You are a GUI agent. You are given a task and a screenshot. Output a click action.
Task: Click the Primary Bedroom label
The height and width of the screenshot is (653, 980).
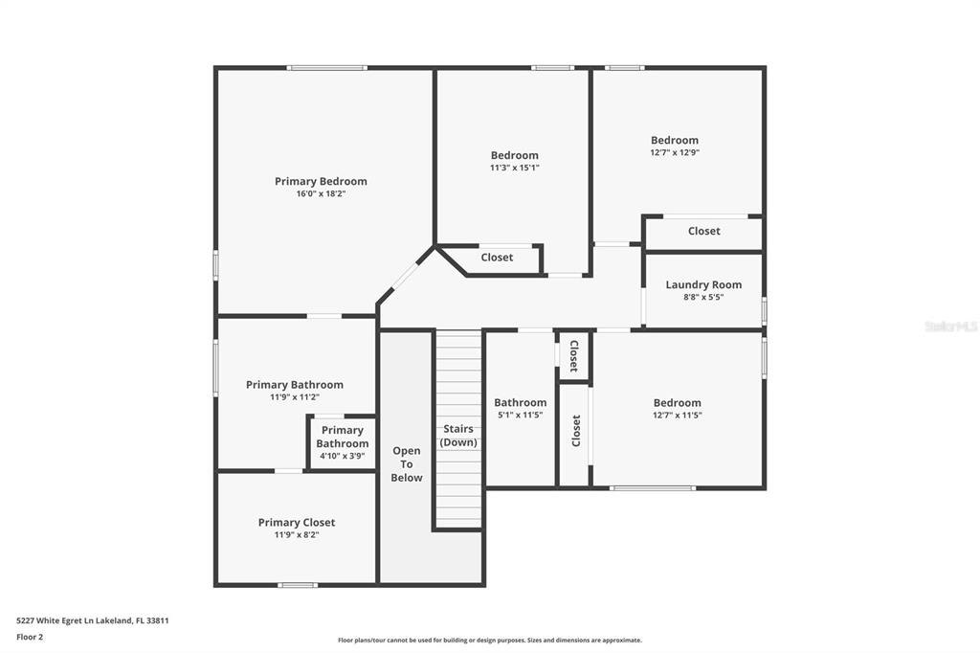click(321, 181)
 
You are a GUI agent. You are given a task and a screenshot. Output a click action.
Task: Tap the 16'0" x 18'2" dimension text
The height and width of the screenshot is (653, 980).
click(321, 194)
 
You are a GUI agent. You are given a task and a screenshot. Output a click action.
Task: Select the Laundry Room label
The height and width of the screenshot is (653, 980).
click(703, 284)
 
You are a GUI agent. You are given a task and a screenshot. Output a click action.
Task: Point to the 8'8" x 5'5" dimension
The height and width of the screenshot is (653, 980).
click(703, 297)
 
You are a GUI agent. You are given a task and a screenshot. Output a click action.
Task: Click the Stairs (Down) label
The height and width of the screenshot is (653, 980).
click(458, 436)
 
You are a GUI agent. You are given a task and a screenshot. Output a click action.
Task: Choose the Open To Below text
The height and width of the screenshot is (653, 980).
click(406, 464)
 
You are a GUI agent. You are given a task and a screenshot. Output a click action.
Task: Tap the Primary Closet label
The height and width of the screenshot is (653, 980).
click(297, 522)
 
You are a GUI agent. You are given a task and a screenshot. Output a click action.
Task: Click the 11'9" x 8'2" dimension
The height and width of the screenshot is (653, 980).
click(297, 535)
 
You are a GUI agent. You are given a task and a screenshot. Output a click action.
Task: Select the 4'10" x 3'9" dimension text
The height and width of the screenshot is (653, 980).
click(342, 456)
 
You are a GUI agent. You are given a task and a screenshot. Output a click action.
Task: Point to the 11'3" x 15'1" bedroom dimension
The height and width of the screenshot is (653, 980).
click(514, 168)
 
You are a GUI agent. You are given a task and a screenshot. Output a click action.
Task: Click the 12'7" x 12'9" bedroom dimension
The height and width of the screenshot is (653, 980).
click(675, 152)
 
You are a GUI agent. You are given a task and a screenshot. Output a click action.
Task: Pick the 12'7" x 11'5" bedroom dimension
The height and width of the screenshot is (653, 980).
click(677, 415)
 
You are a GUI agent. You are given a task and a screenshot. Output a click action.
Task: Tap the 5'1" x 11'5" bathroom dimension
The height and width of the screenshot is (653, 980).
click(520, 415)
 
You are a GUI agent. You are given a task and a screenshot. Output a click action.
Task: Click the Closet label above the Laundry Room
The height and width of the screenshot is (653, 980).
click(703, 231)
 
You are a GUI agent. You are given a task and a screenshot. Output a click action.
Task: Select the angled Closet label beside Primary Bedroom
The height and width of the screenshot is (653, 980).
click(497, 257)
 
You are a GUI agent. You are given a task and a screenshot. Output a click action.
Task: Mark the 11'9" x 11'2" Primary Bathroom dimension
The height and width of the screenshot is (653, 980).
click(295, 397)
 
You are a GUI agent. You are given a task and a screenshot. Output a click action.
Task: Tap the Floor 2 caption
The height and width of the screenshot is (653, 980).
click(30, 637)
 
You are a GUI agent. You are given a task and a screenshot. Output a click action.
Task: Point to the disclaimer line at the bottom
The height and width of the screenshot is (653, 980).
click(490, 640)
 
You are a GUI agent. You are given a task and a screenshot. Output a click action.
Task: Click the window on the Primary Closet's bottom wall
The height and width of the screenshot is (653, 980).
click(298, 585)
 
